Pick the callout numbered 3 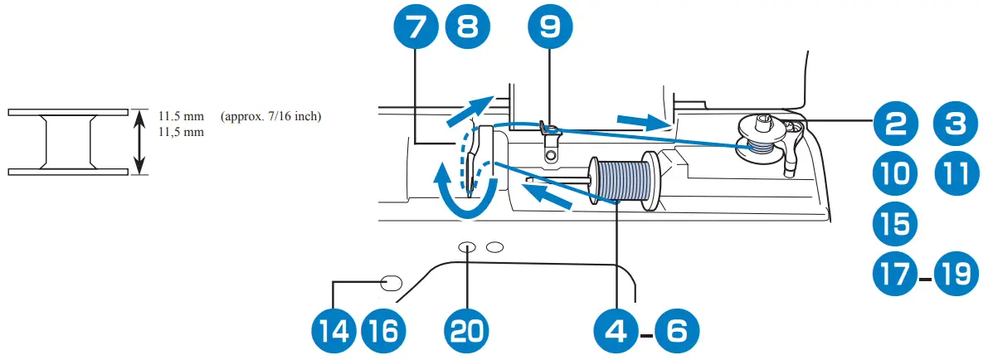956,126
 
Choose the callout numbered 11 956,174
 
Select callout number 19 956,273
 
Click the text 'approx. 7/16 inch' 271,116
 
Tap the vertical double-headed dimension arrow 139,142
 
